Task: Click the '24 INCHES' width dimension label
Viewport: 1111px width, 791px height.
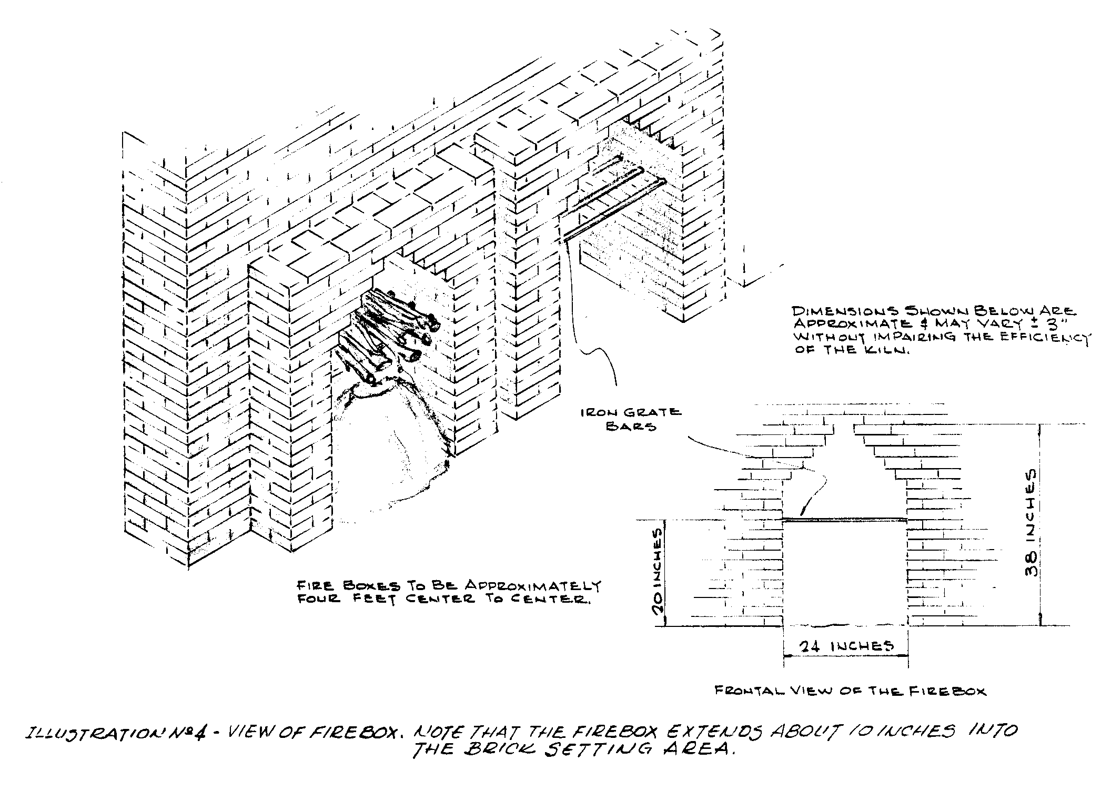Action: click(x=846, y=646)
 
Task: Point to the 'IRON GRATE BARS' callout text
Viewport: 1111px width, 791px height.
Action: click(x=631, y=419)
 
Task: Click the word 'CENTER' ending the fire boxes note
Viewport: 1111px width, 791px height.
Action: click(x=559, y=600)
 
